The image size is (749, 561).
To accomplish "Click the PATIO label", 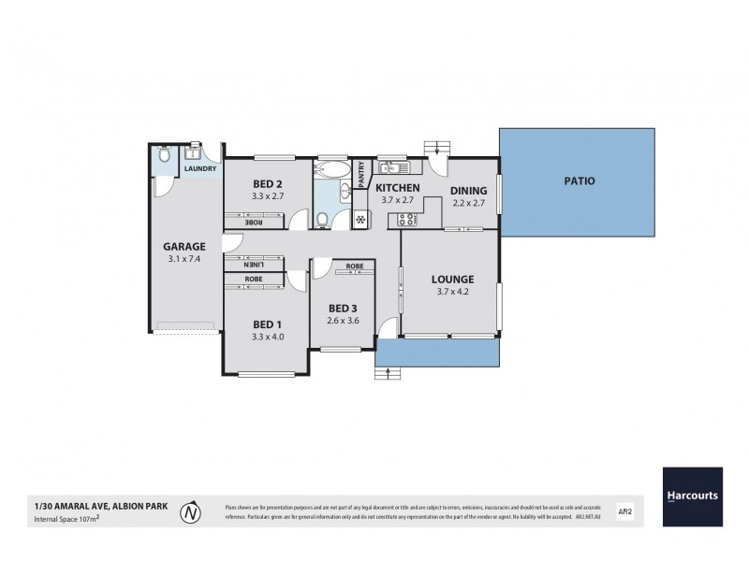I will click(579, 181).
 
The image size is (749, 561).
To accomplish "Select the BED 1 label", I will click(267, 324).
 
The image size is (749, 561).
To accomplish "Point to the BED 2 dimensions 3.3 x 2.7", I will click(267, 196).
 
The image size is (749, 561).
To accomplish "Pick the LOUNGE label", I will click(452, 279).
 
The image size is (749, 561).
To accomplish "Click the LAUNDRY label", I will click(200, 169).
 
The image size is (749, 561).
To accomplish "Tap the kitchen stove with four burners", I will click(407, 221).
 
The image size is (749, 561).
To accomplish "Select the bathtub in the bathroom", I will click(332, 170).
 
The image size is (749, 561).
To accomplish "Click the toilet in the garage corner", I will click(165, 158).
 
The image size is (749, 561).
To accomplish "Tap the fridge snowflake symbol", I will click(359, 220).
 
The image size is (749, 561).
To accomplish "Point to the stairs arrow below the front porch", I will click(388, 376).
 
